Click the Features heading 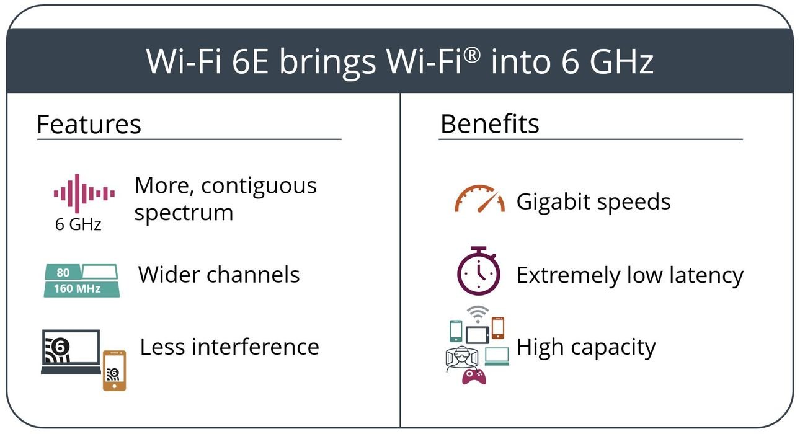point(89,124)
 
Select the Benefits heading point(490,124)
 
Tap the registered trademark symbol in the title point(473,56)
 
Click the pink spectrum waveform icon point(84,193)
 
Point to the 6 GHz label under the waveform point(78,224)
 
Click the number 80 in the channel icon point(63,273)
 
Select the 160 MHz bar point(82,288)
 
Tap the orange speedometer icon point(479,198)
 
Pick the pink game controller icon point(474,377)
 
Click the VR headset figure point(462,358)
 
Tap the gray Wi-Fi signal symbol point(478,314)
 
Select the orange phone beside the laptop point(114,371)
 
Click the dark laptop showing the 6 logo point(71,352)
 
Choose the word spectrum point(184,214)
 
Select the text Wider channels point(219,275)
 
